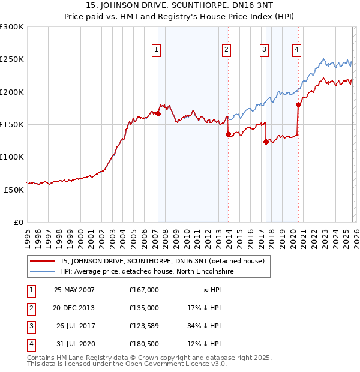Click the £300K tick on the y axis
12,27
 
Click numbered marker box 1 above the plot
156,50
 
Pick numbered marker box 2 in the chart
226,50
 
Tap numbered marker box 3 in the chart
264,50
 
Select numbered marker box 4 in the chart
296,50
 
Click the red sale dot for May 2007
158,113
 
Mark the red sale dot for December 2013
228,134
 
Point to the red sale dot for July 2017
266,142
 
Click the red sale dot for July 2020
298,104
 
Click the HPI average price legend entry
146,272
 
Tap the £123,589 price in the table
143,326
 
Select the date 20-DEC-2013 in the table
74,308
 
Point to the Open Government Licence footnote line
127,364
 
